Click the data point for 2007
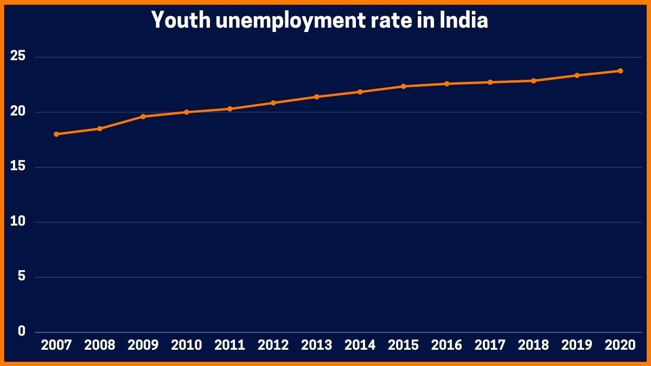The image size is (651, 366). [56, 134]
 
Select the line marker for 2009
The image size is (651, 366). [143, 117]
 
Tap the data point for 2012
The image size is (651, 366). [273, 102]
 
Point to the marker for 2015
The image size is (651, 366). [404, 86]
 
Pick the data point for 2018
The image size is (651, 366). [534, 81]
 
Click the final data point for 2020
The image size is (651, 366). [621, 71]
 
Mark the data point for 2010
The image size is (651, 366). [187, 112]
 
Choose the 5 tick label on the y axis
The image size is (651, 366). [22, 277]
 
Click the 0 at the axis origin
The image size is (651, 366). [22, 331]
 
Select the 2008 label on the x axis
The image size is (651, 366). [100, 345]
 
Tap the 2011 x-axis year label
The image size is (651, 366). [230, 345]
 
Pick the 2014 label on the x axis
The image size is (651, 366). [360, 345]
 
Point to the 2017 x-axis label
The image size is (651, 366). [490, 345]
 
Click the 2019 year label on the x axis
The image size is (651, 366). [577, 345]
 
